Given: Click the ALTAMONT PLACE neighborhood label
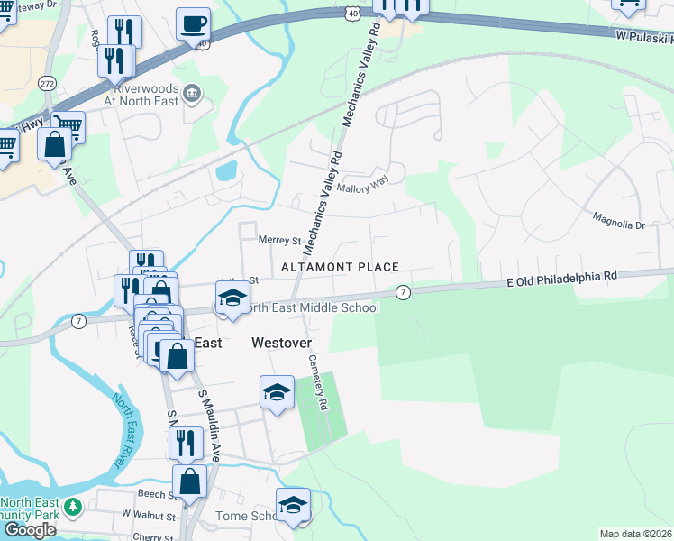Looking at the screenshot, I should (x=340, y=267).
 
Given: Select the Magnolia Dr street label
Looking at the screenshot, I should (x=618, y=219).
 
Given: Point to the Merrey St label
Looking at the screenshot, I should (x=278, y=241).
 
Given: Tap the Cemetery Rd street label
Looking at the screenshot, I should (x=317, y=381).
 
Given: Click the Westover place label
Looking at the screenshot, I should (x=280, y=343).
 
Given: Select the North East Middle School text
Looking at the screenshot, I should (x=312, y=307).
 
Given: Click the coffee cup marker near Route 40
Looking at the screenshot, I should (x=193, y=23).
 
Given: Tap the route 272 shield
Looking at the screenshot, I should (x=47, y=83).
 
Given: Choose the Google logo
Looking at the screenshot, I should (x=29, y=530).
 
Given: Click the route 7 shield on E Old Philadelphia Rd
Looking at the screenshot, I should (x=403, y=292).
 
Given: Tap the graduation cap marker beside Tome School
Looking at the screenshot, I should (x=293, y=505).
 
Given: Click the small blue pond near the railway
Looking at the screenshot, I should (x=226, y=170).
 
